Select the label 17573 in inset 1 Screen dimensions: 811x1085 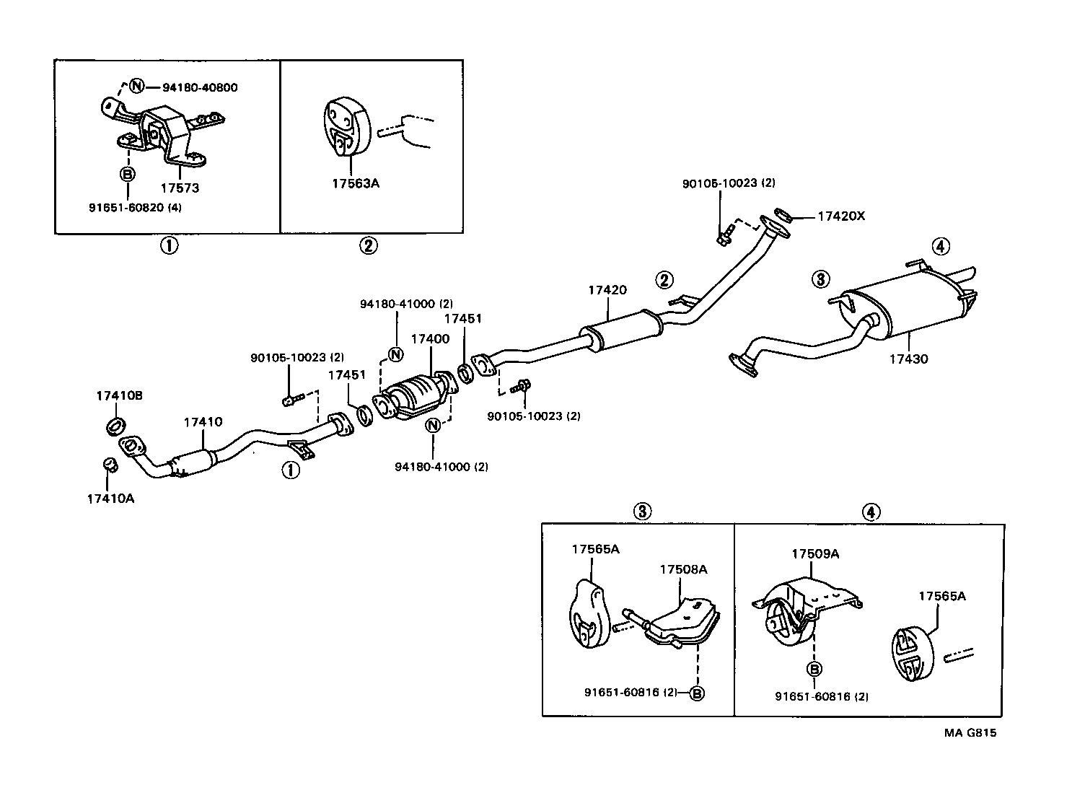pos(180,188)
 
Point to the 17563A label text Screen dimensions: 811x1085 pos(356,183)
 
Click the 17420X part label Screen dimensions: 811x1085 pos(840,216)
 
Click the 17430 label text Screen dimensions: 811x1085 pos(908,359)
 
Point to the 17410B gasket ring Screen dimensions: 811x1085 pos(115,425)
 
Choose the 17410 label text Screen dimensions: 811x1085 pos(203,422)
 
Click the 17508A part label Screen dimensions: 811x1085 pos(683,569)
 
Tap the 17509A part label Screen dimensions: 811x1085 pos(815,553)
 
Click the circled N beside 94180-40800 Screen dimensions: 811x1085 pos(136,87)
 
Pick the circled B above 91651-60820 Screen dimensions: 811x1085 pos(128,174)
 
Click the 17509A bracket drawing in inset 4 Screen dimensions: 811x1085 pos(801,610)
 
